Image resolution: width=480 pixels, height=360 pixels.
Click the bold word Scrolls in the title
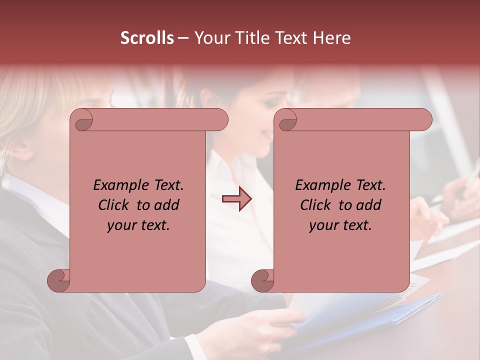(147, 38)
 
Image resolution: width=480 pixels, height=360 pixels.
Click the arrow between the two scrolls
(236, 199)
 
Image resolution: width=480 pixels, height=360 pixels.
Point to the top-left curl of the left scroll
(83, 120)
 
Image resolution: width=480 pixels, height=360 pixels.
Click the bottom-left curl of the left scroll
(59, 280)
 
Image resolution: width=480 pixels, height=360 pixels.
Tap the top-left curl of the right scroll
(287, 120)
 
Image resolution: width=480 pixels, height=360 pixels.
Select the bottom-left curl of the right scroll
(263, 280)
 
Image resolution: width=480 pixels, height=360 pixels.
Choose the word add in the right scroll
(369, 205)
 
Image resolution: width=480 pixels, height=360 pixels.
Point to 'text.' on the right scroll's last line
(357, 225)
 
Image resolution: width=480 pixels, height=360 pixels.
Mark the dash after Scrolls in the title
(183, 38)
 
